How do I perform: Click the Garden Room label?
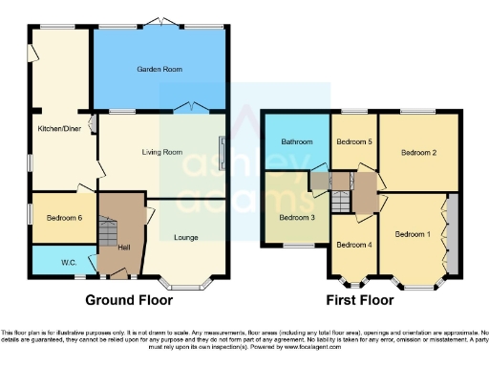[x=159, y=70]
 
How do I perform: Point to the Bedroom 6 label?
[x=63, y=218]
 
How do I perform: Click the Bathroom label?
[x=296, y=142]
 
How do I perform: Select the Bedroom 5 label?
[x=352, y=142]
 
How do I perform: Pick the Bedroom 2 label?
[x=418, y=152]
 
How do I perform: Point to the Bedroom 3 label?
[x=296, y=217]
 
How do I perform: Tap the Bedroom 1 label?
[x=413, y=234]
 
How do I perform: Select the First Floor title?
[x=359, y=299]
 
